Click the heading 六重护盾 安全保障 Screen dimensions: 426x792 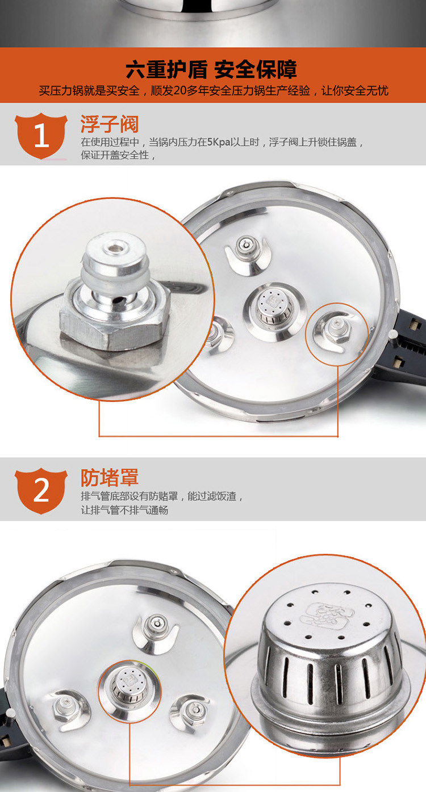click(211, 69)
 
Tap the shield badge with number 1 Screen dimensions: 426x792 click(41, 136)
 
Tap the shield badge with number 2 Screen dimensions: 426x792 click(41, 491)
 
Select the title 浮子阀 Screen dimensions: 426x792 click(109, 124)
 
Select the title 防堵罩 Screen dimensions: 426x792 click(109, 477)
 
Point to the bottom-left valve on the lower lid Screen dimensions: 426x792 click(67, 707)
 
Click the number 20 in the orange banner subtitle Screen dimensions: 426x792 click(180, 91)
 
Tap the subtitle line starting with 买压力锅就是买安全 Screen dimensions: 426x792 click(214, 91)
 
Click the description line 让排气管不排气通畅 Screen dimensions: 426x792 click(124, 510)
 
